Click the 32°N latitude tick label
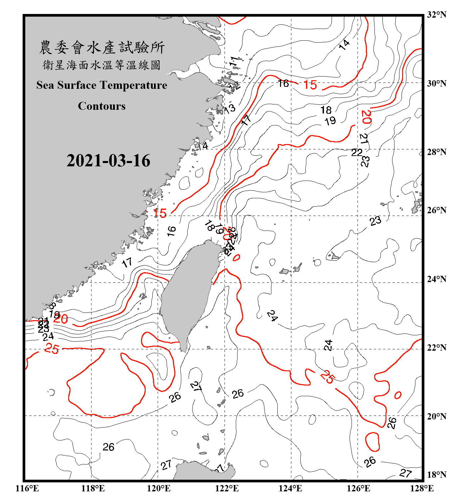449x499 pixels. (x=436, y=15)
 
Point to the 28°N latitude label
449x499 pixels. (x=436, y=152)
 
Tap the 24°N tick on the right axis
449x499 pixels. (x=436, y=279)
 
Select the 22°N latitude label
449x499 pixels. (x=436, y=348)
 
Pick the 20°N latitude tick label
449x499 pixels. (x=436, y=416)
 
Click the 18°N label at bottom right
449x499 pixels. (x=436, y=475)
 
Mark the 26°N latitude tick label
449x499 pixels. (x=436, y=210)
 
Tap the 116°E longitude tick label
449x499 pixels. (x=27, y=488)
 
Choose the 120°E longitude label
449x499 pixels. (x=159, y=488)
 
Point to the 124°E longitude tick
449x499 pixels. (x=290, y=488)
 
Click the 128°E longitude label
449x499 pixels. (x=422, y=488)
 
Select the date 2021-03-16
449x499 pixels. (x=108, y=161)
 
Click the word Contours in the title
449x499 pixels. (x=102, y=106)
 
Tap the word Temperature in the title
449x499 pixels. (x=133, y=85)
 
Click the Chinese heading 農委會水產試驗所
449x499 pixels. (x=102, y=48)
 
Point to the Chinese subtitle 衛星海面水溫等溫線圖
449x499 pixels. (x=102, y=65)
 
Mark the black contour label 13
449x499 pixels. (x=230, y=108)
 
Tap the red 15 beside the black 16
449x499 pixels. (x=310, y=85)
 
